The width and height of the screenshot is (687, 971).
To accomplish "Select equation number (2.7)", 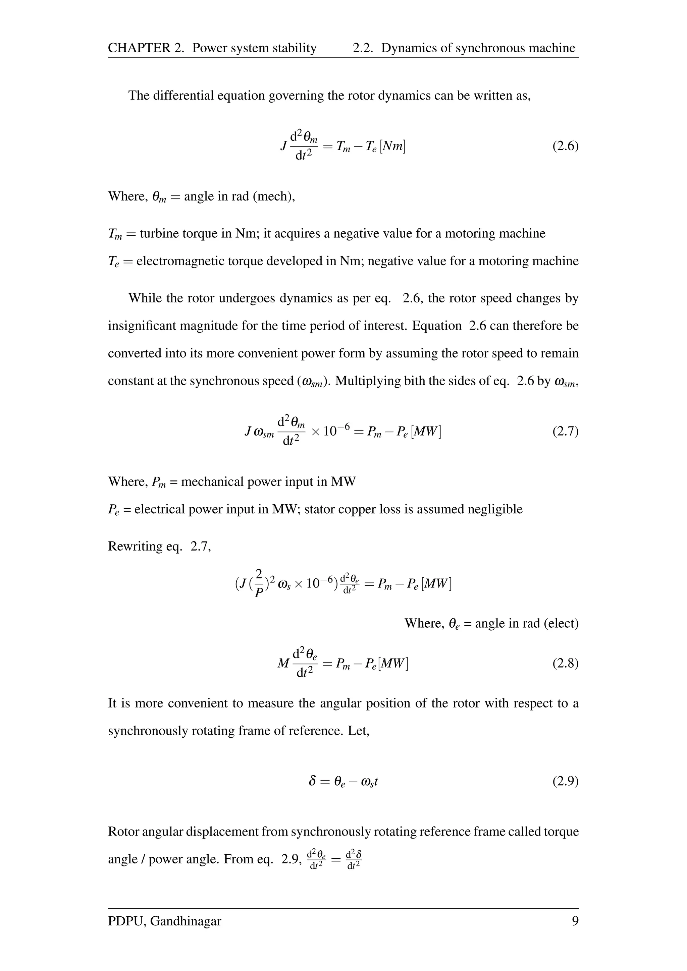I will point(565,432).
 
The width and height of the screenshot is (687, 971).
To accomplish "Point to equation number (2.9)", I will point(565,782).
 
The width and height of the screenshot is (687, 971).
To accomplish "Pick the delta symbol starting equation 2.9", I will point(312,782).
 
